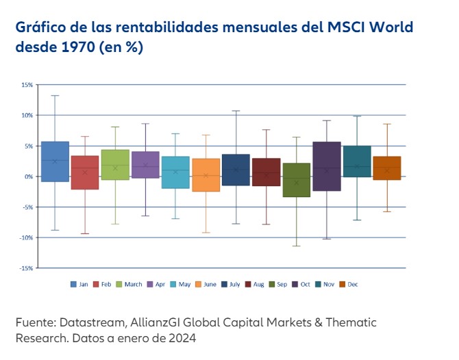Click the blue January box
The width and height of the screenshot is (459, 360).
tap(55, 162)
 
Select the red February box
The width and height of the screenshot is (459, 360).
tap(85, 172)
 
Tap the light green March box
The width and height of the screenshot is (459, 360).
tap(115, 165)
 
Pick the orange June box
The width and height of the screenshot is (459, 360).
tap(206, 175)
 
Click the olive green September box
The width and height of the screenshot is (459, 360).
tap(296, 180)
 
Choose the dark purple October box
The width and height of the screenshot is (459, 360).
tap(326, 166)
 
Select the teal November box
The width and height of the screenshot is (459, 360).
tap(356, 162)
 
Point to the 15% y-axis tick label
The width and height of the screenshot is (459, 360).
tap(27, 85)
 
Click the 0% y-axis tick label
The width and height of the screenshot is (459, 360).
tap(28, 177)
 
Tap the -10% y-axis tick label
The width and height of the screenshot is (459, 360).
tap(26, 237)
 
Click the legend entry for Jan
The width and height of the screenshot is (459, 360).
tap(78, 284)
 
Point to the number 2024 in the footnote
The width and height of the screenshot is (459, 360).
tap(180, 338)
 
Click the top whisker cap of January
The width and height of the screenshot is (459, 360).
tap(55, 95)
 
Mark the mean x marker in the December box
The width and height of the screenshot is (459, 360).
tap(386, 170)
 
